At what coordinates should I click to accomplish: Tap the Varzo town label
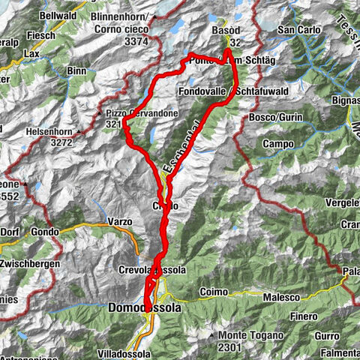119,221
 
